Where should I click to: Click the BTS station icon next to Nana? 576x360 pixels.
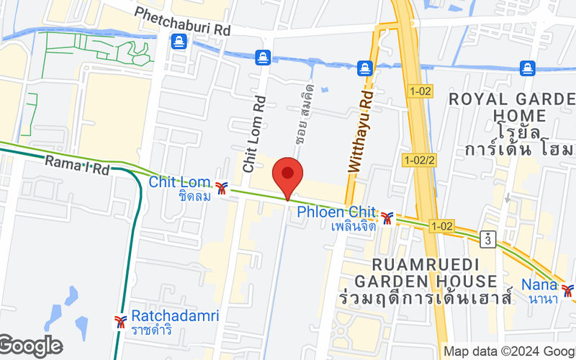pyautogui.click(x=569, y=290)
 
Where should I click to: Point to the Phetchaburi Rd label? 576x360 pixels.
pyautogui.click(x=182, y=22)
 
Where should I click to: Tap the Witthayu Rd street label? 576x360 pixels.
pyautogui.click(x=362, y=130)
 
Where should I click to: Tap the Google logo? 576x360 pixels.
pyautogui.click(x=30, y=346)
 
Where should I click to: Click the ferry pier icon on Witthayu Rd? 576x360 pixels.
pyautogui.click(x=366, y=68)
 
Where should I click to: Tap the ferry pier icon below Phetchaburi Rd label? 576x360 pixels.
pyautogui.click(x=179, y=42)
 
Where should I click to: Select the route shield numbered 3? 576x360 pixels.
pyautogui.click(x=490, y=237)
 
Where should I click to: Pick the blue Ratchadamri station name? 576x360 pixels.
pyautogui.click(x=163, y=316)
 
